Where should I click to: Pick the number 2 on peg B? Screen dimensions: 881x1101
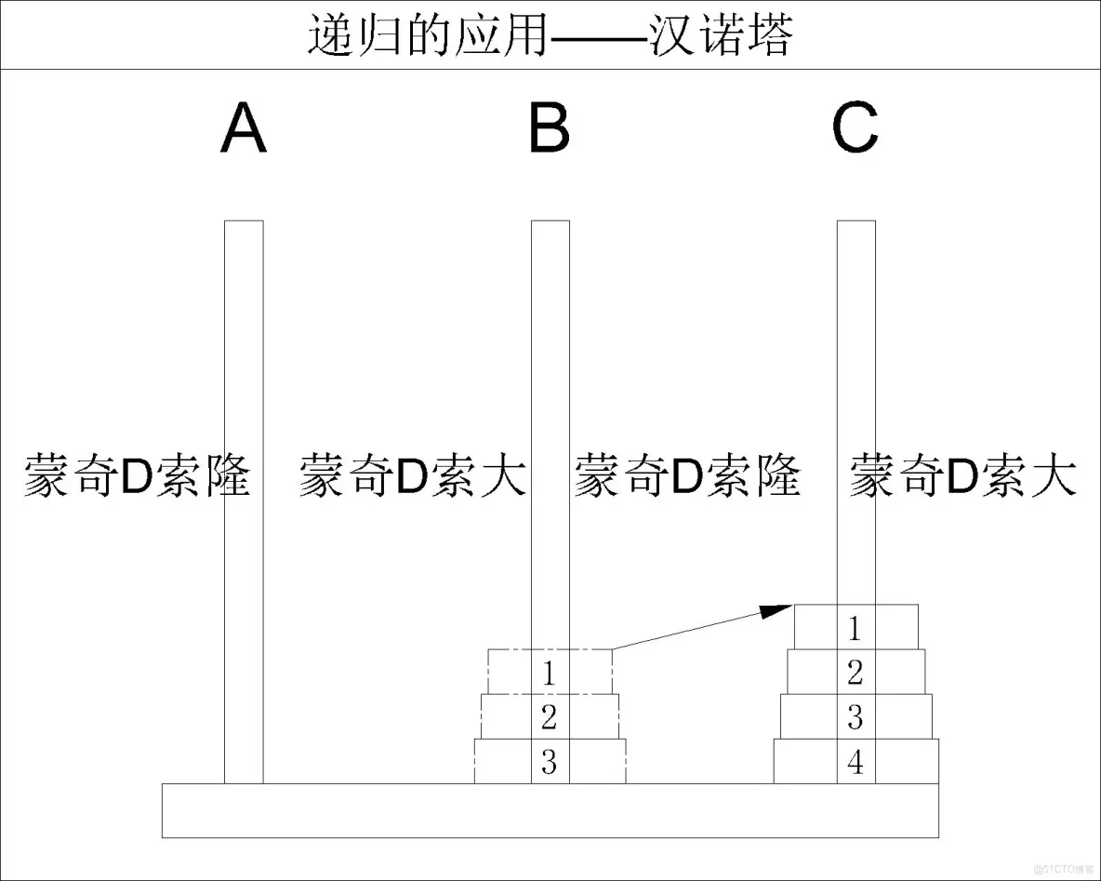[x=550, y=716]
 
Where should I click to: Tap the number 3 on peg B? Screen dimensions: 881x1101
[x=550, y=763]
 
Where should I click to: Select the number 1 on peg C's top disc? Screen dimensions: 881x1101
[x=856, y=629]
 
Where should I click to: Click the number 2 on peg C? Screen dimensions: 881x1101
[x=856, y=672]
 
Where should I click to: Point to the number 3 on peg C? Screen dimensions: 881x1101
[x=856, y=717]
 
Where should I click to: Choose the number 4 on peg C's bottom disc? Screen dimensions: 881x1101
[x=856, y=763]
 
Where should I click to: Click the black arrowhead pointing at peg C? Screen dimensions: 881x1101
[x=776, y=610]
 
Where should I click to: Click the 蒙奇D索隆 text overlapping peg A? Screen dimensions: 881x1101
[x=138, y=475]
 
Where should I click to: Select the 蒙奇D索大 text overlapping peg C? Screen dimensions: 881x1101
[x=963, y=475]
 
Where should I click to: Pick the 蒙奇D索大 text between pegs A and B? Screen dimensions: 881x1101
[x=413, y=475]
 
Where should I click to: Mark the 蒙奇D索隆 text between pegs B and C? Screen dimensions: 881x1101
[x=687, y=475]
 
